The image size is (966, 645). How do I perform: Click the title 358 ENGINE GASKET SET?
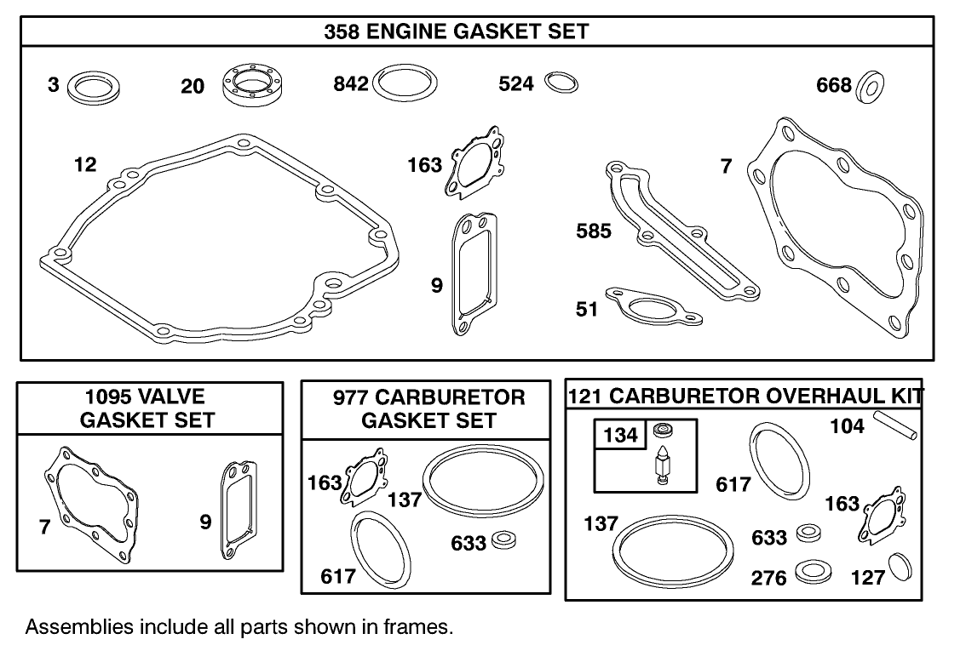coord(456,31)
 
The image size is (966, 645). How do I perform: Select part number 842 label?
coord(350,83)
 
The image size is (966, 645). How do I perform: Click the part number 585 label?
coord(594,231)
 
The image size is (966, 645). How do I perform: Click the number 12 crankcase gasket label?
coord(85,164)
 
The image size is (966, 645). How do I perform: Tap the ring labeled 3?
coord(93,86)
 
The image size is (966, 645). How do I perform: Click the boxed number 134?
coord(620,436)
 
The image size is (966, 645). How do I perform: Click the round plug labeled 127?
coord(900,567)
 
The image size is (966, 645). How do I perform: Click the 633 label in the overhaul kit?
coord(769,538)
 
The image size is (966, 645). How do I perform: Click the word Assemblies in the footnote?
coord(78,627)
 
